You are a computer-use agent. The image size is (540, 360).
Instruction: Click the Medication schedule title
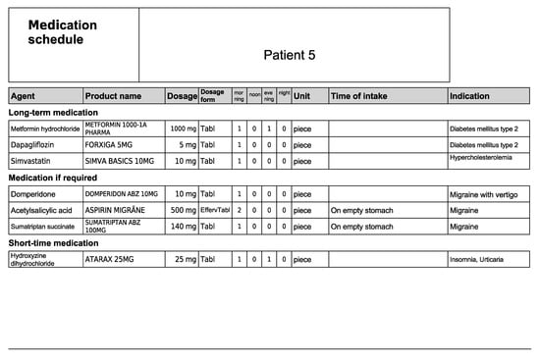point(63,32)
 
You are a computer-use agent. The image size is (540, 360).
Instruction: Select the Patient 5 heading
point(290,55)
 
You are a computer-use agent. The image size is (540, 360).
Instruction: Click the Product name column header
point(114,96)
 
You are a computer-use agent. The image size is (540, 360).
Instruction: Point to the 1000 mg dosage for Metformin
point(183,129)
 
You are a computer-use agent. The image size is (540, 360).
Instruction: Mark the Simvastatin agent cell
point(30,161)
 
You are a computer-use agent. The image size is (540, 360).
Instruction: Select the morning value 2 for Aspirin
point(239,210)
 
